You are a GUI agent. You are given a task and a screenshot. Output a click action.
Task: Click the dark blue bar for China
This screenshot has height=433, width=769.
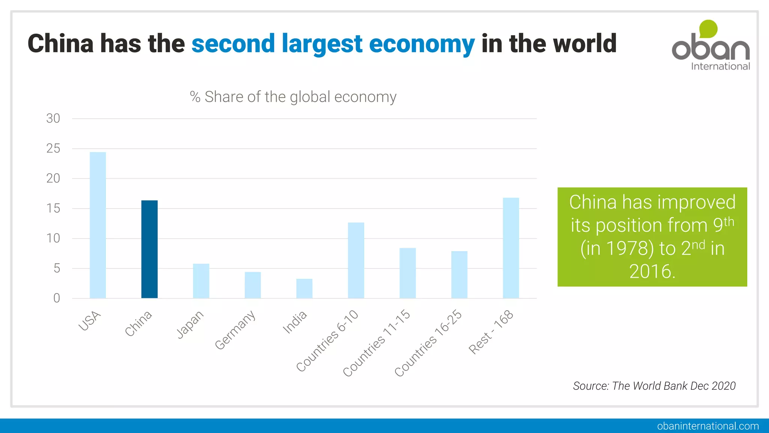point(149,249)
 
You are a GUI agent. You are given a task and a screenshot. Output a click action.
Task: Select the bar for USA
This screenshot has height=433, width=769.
point(98,225)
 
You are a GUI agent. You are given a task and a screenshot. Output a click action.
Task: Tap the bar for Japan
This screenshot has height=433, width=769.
point(201,281)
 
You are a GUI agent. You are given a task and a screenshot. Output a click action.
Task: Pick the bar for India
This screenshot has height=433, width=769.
point(304,288)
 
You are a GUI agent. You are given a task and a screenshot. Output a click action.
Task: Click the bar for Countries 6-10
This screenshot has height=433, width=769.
point(356,260)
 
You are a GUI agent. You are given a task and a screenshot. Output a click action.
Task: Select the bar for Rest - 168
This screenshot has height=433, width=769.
point(511,248)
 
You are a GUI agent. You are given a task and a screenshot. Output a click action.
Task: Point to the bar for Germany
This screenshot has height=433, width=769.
point(253,285)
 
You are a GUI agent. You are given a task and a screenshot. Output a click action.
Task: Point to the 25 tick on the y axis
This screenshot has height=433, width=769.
point(53,148)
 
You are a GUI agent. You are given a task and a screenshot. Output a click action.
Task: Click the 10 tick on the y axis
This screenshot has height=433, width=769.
point(53,238)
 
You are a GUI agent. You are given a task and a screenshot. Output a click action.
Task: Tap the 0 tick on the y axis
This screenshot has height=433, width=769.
point(57,298)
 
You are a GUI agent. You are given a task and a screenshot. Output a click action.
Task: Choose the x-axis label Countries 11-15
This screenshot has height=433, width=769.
point(377,343)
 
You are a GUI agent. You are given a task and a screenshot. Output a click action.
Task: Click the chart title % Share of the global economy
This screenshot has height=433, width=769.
point(293,97)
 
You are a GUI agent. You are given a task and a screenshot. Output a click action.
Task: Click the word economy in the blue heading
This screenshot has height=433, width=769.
point(422,44)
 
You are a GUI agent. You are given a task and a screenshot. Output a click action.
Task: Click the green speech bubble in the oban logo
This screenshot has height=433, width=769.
point(708,29)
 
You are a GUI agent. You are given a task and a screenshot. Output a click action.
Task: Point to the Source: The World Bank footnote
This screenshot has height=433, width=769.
point(654,386)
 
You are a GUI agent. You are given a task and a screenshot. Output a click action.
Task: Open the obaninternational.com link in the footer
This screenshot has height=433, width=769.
point(708,426)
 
